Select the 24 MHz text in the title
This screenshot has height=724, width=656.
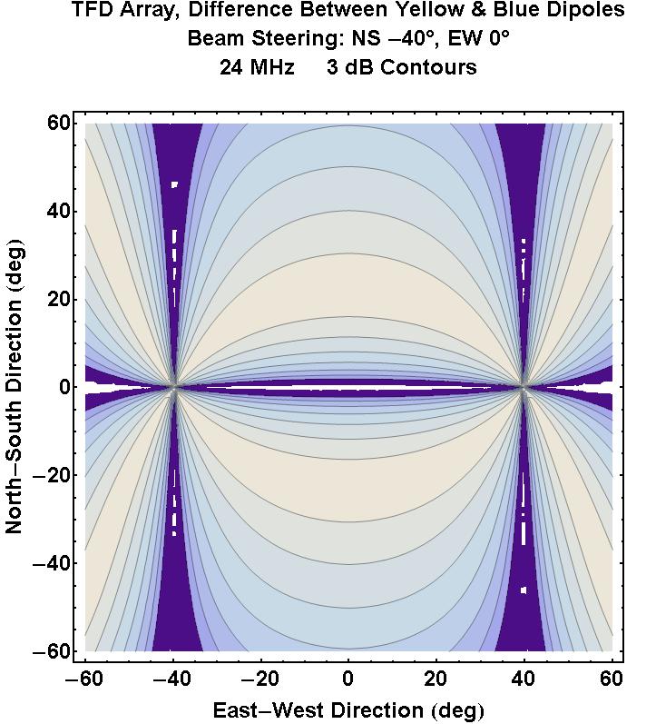(x=257, y=68)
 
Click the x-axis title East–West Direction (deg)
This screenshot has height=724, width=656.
(x=348, y=709)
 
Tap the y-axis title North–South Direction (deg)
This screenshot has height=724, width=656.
(x=15, y=387)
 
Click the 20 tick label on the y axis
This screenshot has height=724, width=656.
(x=60, y=299)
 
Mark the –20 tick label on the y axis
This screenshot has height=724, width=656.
(x=54, y=475)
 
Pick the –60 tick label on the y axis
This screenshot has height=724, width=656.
(x=54, y=651)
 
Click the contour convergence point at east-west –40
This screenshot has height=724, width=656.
(x=173, y=387)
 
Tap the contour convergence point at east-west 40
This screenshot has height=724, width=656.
(x=524, y=387)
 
